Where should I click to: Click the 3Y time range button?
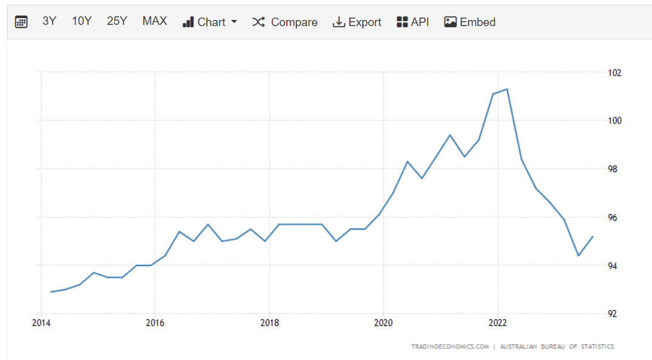[x=49, y=21]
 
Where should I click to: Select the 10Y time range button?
[x=81, y=21]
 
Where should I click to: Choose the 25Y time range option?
[x=116, y=21]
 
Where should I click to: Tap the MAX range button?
[x=154, y=21]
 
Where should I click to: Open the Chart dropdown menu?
[x=210, y=22]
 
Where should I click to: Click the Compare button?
[x=285, y=22]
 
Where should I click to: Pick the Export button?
[x=357, y=22]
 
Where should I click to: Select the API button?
[x=412, y=22]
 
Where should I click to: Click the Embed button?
[x=470, y=22]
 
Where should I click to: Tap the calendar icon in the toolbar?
[x=21, y=22]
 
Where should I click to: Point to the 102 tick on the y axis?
[x=614, y=73]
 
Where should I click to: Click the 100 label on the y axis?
[x=614, y=121]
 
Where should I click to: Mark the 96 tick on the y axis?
[x=613, y=218]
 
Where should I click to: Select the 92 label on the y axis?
[x=613, y=314]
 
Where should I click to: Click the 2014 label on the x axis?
[x=41, y=322]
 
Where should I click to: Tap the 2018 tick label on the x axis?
[x=269, y=322]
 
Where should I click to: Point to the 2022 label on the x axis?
[x=497, y=322]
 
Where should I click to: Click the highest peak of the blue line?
[x=506, y=89]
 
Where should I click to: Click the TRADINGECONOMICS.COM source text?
[x=450, y=347]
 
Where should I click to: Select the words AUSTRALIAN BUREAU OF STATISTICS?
[x=557, y=347]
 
